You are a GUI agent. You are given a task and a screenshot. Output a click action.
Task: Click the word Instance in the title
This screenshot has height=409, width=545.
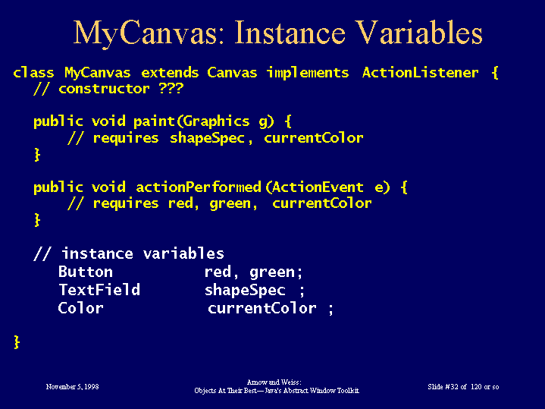(x=290, y=33)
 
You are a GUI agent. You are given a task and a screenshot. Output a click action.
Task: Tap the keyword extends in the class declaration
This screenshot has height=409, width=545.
(x=170, y=73)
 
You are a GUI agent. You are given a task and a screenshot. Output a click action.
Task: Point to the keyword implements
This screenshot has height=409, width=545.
(x=308, y=74)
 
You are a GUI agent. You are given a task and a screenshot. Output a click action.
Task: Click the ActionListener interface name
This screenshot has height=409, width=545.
(x=420, y=73)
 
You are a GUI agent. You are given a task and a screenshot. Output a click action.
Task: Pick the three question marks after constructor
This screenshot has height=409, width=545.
(x=171, y=89)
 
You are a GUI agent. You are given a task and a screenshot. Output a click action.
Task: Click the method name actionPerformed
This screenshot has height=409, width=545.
(x=199, y=187)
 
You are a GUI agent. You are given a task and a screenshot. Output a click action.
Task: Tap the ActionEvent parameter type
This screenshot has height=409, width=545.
(x=318, y=187)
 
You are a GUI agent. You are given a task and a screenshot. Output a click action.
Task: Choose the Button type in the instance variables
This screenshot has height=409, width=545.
(x=86, y=272)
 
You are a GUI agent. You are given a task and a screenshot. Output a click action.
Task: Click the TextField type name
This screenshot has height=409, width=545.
(x=99, y=290)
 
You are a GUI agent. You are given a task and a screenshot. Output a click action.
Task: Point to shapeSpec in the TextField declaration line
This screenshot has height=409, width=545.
(x=245, y=291)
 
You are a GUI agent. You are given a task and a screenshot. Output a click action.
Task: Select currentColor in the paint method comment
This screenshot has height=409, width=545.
(x=314, y=138)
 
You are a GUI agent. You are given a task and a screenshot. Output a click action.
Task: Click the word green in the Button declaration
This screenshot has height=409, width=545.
(x=272, y=272)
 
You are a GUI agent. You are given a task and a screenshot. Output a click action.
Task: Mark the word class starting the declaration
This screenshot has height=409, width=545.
(x=33, y=73)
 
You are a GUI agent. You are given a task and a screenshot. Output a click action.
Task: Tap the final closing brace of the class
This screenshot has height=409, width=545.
(x=17, y=342)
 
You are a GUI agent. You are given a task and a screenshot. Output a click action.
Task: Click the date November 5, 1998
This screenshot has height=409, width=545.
(x=72, y=387)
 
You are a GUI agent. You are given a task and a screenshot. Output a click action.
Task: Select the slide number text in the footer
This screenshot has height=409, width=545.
(x=463, y=387)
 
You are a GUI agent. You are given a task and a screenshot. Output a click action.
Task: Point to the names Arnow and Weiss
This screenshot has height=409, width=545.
(x=274, y=382)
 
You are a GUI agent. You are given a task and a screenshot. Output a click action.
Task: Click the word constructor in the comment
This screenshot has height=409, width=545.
(x=105, y=89)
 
